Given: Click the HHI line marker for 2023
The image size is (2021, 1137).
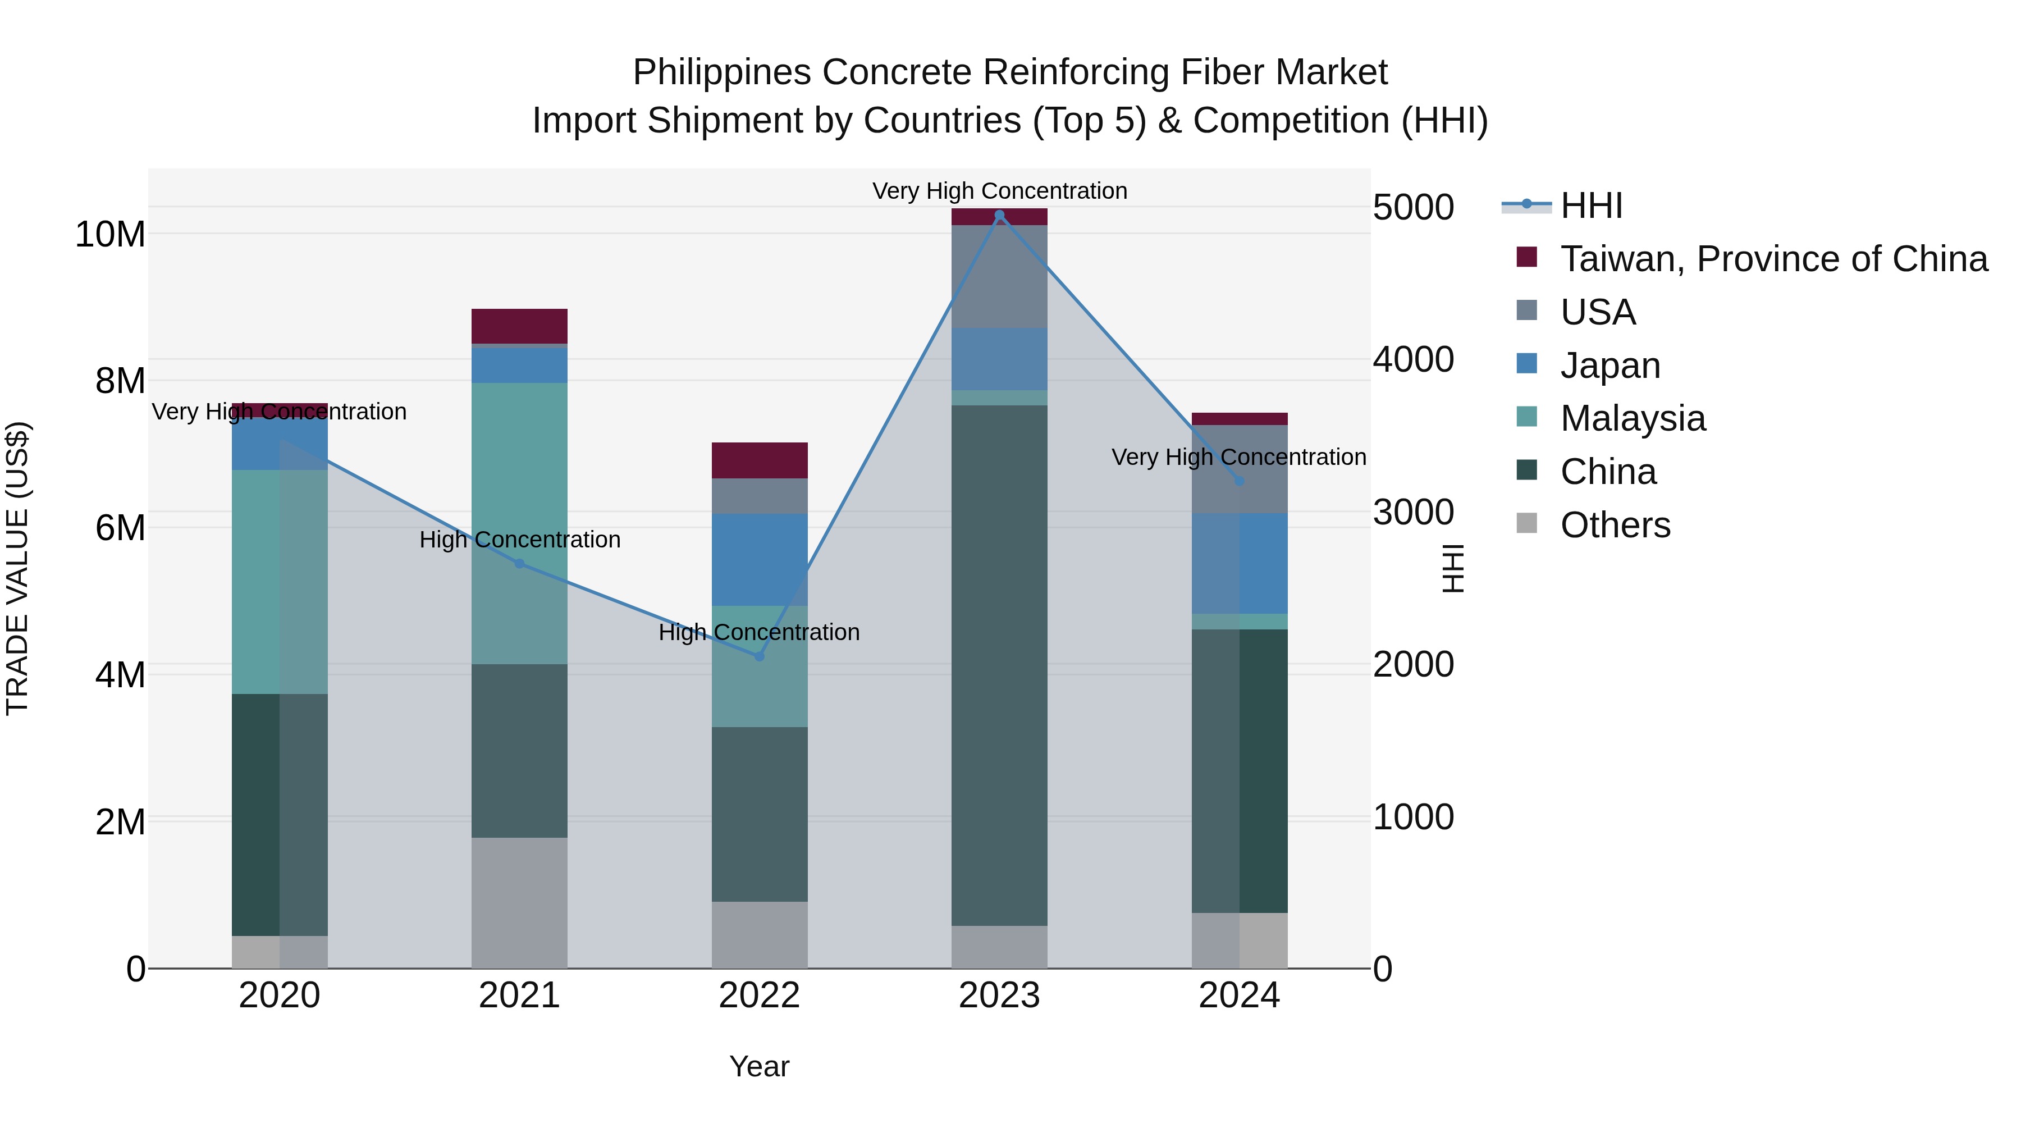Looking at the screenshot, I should click(999, 215).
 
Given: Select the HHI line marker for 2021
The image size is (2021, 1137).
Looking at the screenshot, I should click(519, 563).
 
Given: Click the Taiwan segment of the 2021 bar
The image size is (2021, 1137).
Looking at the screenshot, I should click(519, 326).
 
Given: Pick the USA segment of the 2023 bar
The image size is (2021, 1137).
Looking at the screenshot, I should click(999, 276).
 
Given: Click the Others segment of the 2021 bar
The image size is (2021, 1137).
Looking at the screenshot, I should click(519, 902).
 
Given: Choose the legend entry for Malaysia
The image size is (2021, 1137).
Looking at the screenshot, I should click(1632, 418).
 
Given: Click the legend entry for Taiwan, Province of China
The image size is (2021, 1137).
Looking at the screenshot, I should click(1773, 259).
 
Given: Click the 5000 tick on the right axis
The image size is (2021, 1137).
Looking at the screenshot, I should click(1413, 208).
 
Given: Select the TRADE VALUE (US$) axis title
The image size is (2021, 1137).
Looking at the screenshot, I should click(17, 568).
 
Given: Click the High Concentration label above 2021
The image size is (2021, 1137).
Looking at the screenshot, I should click(519, 540).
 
